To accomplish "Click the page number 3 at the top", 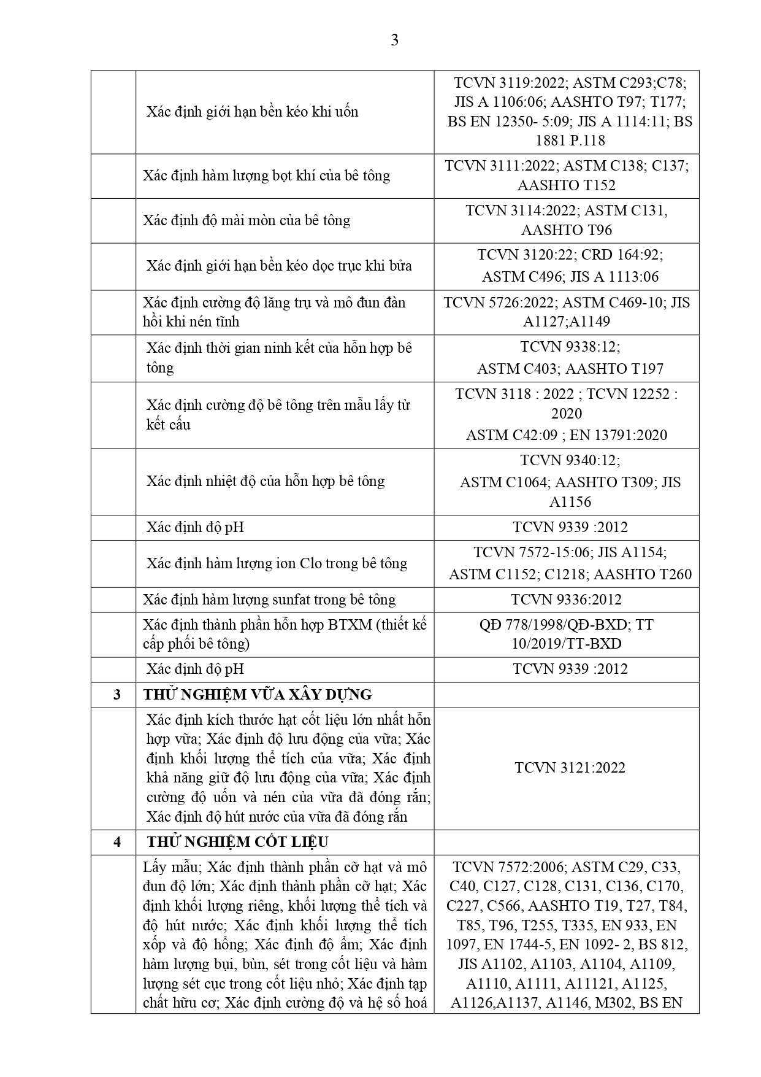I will tap(394, 41).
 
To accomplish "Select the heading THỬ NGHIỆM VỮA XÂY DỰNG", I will tap(257, 695).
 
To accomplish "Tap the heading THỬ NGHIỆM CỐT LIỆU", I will tap(237, 842).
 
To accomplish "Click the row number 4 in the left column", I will tap(117, 842).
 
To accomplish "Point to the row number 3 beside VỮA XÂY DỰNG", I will tap(117, 695).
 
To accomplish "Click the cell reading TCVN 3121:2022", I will tap(570, 768).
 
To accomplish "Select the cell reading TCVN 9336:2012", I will tap(566, 600).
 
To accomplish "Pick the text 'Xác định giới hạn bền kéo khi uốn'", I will tap(252, 112).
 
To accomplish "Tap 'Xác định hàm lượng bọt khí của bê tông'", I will tap(266, 176).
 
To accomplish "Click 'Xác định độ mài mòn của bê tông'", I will tap(247, 220).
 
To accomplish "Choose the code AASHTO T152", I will tap(566, 185).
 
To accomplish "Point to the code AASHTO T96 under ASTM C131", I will tap(566, 230).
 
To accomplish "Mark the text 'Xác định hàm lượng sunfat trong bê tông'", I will tap(269, 600).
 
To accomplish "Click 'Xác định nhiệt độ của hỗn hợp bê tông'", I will tap(266, 481).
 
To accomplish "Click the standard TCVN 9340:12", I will tap(570, 460).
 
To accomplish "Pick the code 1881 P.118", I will tap(570, 141).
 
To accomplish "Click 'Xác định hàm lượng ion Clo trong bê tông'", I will tap(277, 563).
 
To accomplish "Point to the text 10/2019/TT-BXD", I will tap(566, 644).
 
